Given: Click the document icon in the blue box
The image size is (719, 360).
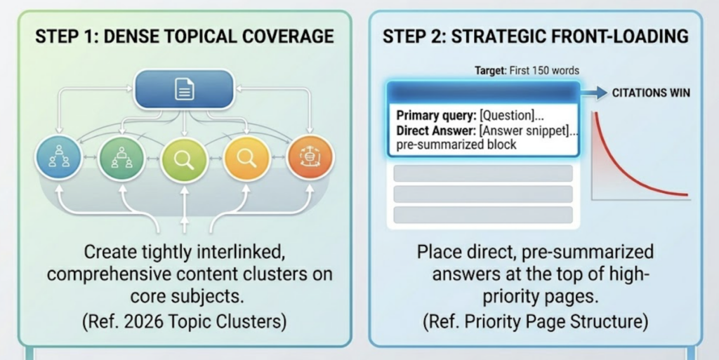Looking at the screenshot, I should pos(185,89).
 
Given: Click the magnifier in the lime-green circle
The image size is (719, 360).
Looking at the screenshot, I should pos(184,159).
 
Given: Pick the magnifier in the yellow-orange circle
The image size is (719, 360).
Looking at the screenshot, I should pos(246,158).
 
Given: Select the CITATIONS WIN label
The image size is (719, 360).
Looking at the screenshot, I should pos(652,92).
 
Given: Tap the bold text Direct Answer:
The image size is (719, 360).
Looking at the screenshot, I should pos(435,131).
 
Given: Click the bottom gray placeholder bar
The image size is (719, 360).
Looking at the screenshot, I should pos(483,215).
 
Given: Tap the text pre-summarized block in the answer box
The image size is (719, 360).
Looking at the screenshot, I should pos(456,145).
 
